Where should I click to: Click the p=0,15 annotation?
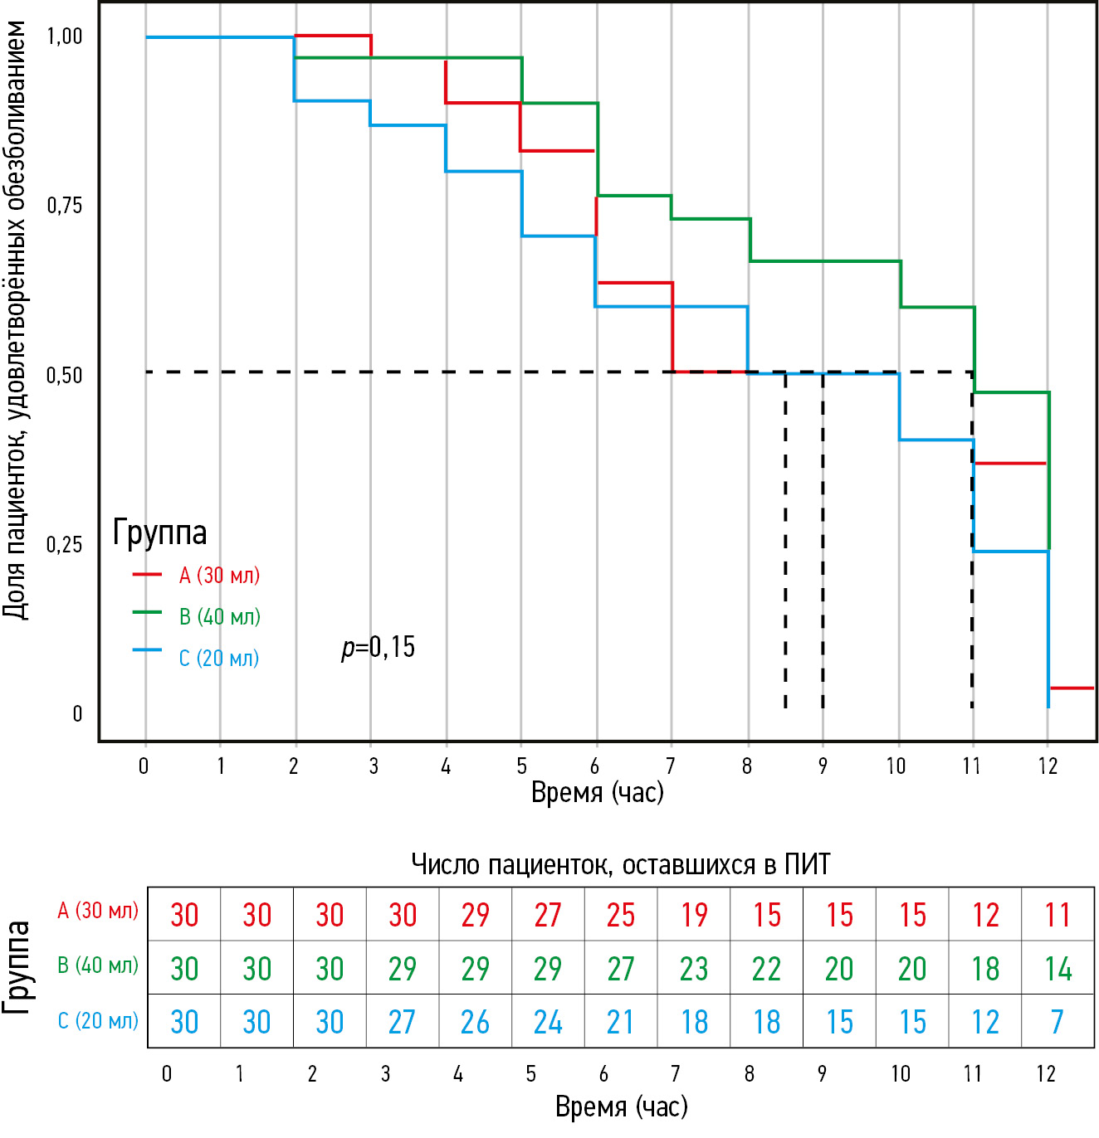tap(379, 647)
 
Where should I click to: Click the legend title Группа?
tap(159, 533)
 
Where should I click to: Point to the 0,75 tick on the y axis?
tap(65, 206)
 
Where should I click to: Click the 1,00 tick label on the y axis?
tap(65, 36)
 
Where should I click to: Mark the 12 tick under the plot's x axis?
tap(1048, 766)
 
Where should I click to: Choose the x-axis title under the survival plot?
tap(598, 792)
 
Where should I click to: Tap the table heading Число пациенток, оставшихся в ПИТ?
tap(621, 864)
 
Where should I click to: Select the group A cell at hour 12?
tap(1057, 915)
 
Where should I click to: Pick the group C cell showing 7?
tap(1057, 1022)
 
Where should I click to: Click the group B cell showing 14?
tap(1057, 969)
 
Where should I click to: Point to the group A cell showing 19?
tap(694, 915)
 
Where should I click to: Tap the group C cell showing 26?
tap(475, 1022)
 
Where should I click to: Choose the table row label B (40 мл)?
tap(98, 965)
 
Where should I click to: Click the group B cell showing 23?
tap(694, 969)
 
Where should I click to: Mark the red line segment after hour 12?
tap(1072, 688)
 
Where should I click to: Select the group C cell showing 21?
tap(621, 1022)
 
